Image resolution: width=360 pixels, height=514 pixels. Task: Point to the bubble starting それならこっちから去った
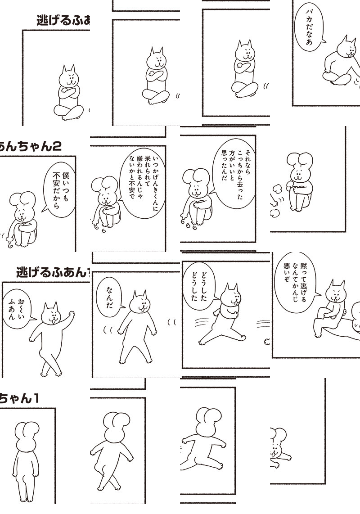pos(234,174)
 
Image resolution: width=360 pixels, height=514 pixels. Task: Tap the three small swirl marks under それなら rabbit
pos(189,225)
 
